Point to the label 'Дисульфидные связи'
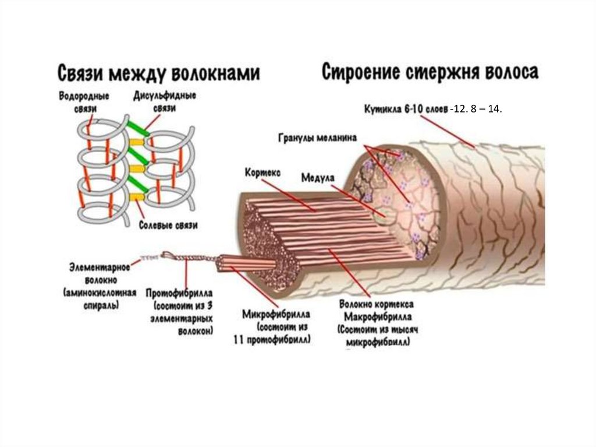coord(164,101)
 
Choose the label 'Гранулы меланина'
coord(318,138)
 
